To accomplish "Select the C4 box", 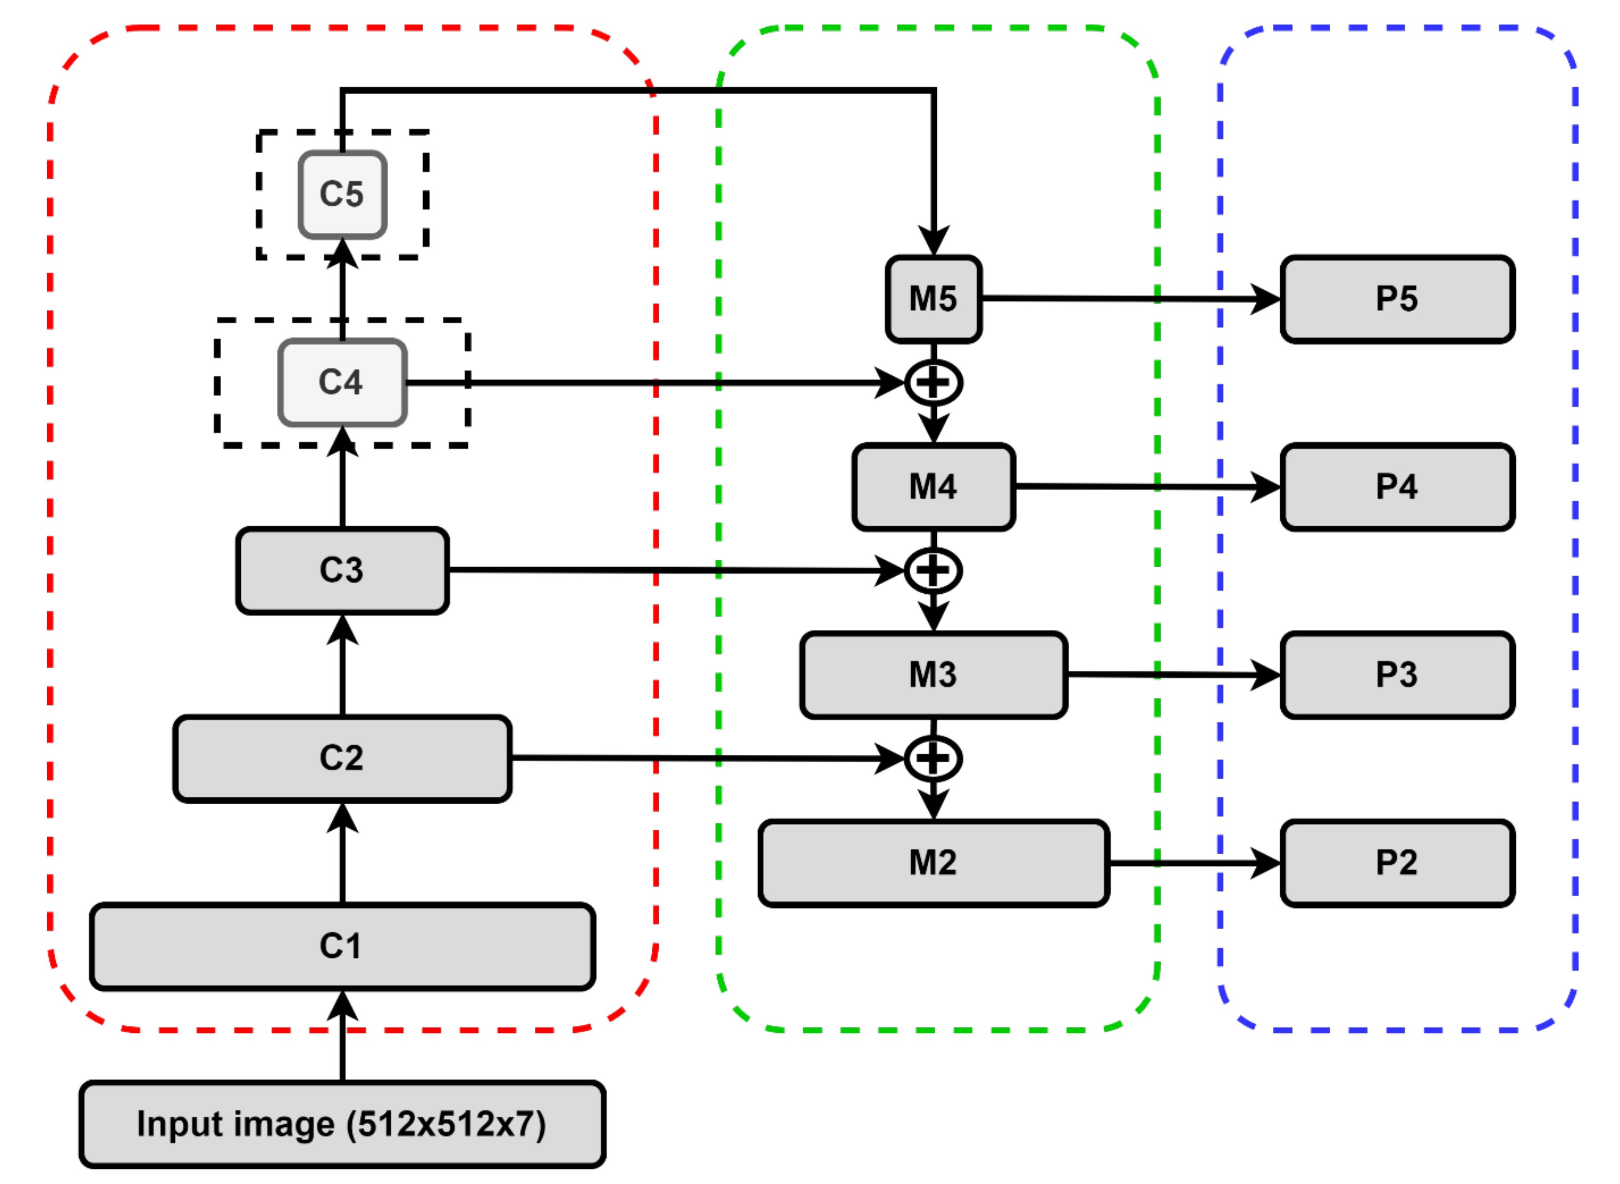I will pos(343,383).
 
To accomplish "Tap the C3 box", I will pos(343,571).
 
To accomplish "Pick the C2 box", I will pos(343,758).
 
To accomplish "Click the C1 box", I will pos(343,946).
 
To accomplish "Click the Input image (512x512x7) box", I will pos(343,1124).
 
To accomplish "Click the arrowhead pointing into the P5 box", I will pos(1266,299).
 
